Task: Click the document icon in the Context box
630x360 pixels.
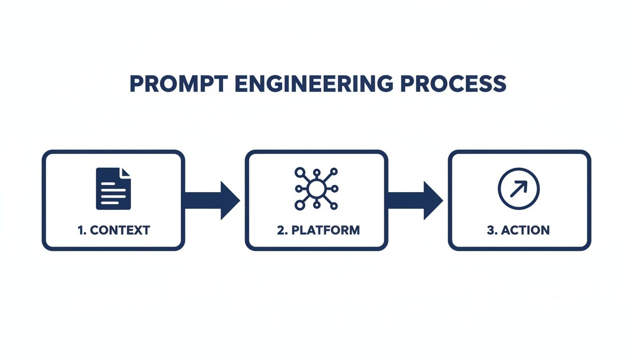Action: pyautogui.click(x=113, y=189)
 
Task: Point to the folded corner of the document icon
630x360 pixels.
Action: pyautogui.click(x=127, y=173)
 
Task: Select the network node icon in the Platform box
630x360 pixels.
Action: pyautogui.click(x=316, y=189)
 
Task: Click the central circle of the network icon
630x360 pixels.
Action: pyautogui.click(x=316, y=189)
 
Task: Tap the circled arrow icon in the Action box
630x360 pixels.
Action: pyautogui.click(x=518, y=189)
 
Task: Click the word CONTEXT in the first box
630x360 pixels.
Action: pyautogui.click(x=120, y=230)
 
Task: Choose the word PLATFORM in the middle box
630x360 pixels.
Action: pyautogui.click(x=325, y=230)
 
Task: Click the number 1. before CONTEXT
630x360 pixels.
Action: pyautogui.click(x=82, y=230)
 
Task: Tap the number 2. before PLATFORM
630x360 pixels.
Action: pyautogui.click(x=282, y=230)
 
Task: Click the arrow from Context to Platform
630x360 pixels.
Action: pyautogui.click(x=212, y=200)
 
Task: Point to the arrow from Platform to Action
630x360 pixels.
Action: pyautogui.click(x=415, y=200)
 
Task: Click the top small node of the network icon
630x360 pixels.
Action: pyautogui.click(x=317, y=172)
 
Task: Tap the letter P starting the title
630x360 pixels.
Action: pyautogui.click(x=136, y=84)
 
